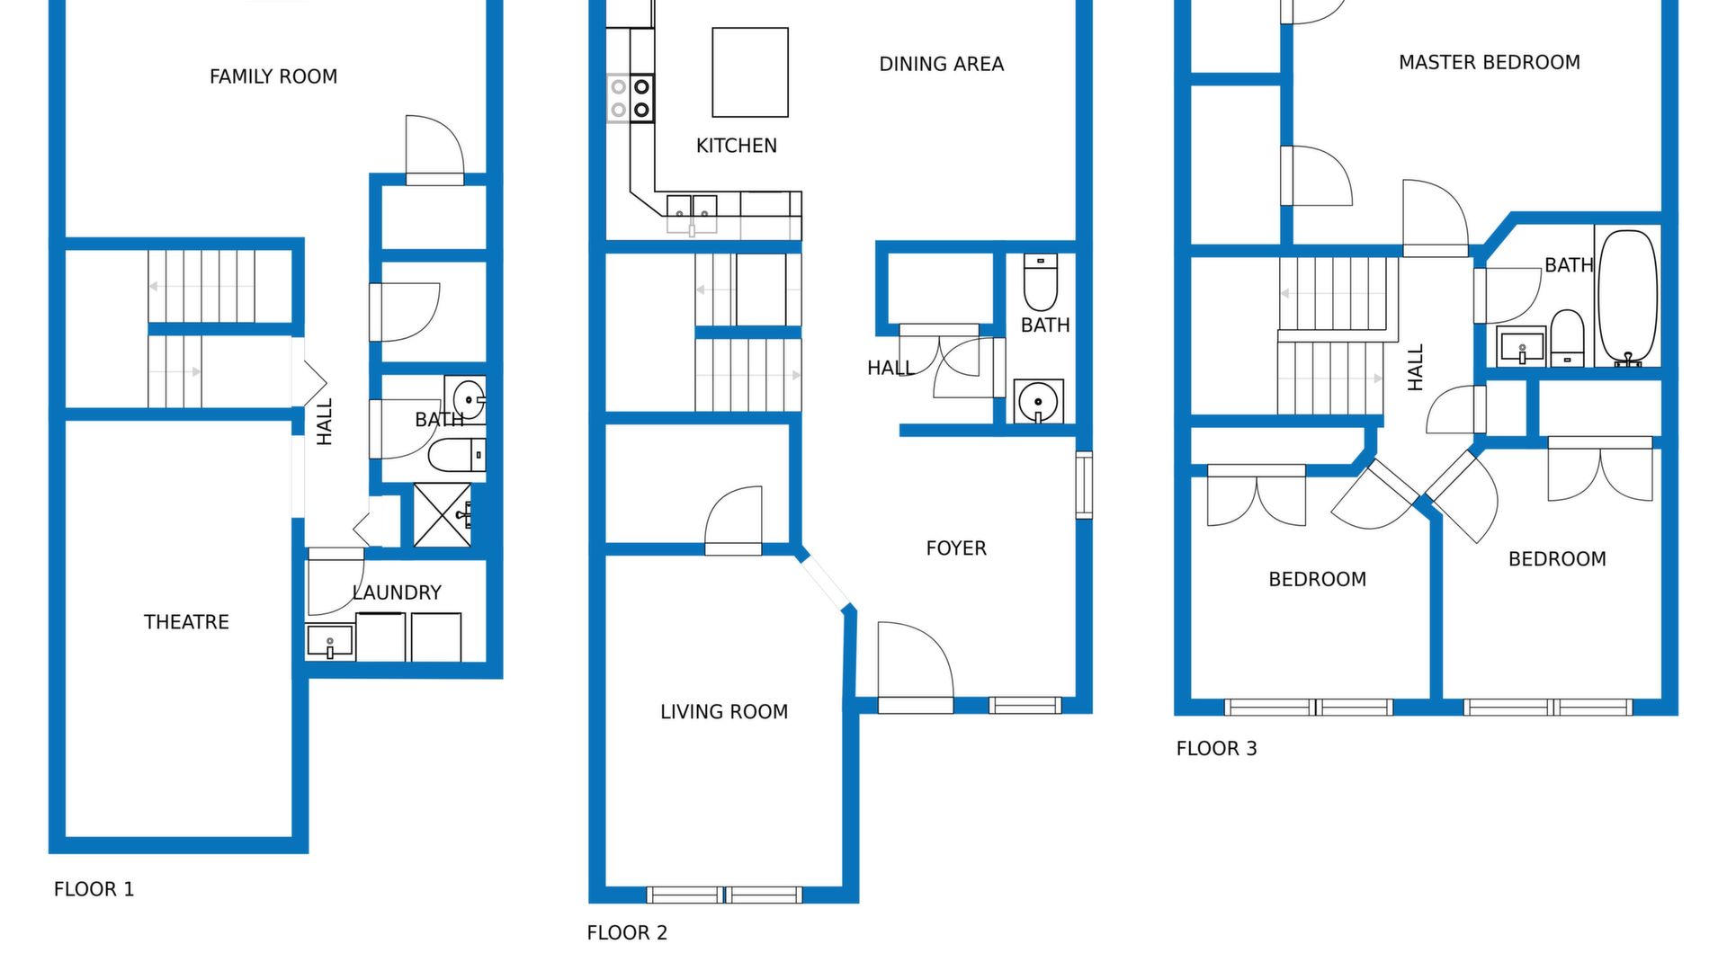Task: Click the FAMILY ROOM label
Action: (273, 76)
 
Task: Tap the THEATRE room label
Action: (186, 622)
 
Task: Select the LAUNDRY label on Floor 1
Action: (397, 592)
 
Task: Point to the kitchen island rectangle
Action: (750, 72)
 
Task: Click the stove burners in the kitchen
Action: (631, 98)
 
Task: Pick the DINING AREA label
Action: (941, 64)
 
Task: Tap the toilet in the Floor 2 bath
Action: (1041, 282)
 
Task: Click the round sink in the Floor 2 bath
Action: (1038, 401)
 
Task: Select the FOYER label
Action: (956, 548)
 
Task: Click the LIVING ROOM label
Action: (724, 712)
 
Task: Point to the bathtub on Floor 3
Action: (1627, 298)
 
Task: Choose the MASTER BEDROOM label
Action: (1489, 62)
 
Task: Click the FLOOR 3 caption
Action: (1216, 749)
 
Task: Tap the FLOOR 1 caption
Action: (94, 889)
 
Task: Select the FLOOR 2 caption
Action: (627, 933)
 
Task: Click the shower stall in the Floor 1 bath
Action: (442, 515)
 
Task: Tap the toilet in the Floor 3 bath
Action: (1568, 338)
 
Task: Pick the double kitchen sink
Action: (692, 214)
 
